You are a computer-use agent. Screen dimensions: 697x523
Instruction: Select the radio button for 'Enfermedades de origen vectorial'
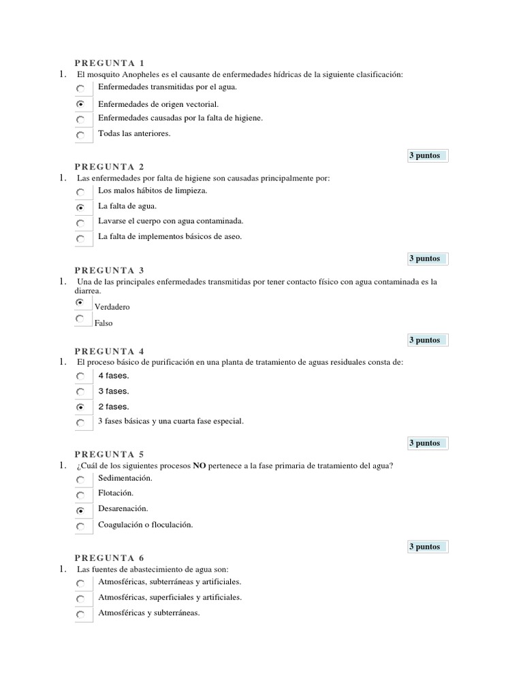point(80,105)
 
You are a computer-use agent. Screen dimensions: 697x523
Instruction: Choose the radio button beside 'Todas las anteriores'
point(80,135)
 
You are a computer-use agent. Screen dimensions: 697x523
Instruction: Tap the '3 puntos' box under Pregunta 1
point(424,156)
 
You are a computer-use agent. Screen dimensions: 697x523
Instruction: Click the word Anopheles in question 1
point(142,74)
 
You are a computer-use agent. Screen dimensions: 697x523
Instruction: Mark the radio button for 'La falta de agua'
point(80,208)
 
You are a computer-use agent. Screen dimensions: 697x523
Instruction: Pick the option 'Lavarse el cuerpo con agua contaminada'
point(170,221)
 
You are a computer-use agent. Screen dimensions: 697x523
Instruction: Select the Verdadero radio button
point(80,302)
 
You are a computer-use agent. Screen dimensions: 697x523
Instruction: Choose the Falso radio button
point(80,319)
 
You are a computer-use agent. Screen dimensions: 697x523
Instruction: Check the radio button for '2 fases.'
point(80,407)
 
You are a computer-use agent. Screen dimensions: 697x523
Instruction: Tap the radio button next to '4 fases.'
point(80,376)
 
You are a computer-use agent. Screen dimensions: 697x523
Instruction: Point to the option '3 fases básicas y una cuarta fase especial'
point(170,421)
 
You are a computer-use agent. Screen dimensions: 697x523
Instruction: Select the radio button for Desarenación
point(80,510)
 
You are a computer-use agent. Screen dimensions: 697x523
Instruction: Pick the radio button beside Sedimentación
point(80,480)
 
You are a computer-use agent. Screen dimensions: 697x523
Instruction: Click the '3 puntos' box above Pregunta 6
point(424,547)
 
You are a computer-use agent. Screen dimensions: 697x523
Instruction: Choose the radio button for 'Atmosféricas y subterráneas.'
point(80,615)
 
